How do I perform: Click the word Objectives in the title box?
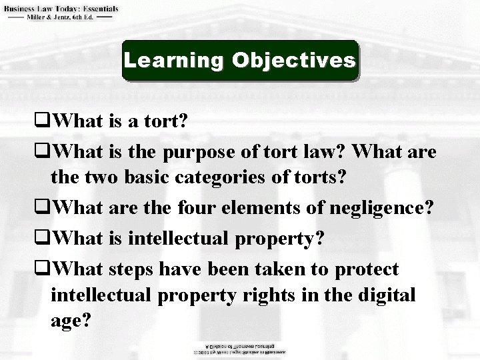coord(293,61)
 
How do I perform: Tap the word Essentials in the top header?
coord(96,9)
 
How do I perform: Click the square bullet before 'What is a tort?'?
coord(45,122)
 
